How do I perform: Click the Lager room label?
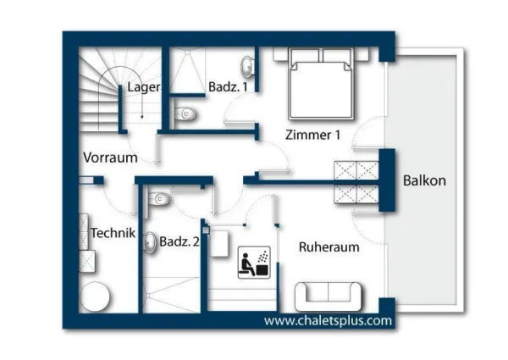click(x=144, y=87)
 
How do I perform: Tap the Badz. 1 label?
click(x=228, y=86)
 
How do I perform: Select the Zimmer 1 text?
click(x=312, y=134)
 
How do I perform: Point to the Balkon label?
click(x=424, y=180)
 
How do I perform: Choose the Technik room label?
click(x=113, y=232)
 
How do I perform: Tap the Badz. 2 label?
click(x=179, y=241)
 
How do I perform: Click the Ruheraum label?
click(x=329, y=246)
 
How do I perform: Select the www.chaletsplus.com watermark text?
click(x=328, y=321)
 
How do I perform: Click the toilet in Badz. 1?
click(x=186, y=114)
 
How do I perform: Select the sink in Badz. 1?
click(x=247, y=67)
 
